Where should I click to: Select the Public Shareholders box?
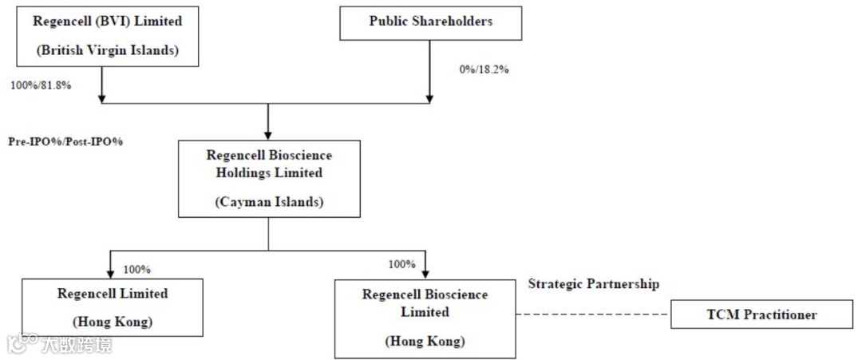coord(430,22)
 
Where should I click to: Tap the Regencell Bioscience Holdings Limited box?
coord(268,178)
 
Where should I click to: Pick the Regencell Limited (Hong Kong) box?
coord(113,307)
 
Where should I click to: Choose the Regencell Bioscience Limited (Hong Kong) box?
coord(425,317)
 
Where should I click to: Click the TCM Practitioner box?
coord(761,315)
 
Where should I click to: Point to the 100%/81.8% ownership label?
coord(41,85)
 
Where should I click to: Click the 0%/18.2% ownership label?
coord(484,69)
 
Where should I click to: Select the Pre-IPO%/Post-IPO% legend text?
coord(65,141)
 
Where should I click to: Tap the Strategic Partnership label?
coord(594,284)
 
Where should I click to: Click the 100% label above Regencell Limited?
coord(136,269)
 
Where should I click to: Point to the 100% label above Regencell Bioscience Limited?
coord(401,264)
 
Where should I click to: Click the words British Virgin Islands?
coord(106,50)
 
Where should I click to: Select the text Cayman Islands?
coord(269,202)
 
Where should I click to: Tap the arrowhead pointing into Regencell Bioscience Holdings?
coord(268,133)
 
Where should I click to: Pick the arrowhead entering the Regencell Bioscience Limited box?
coord(425,272)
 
